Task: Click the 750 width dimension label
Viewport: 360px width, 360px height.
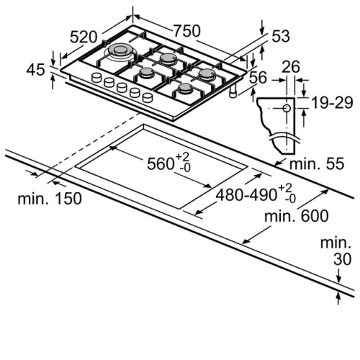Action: coord(186,31)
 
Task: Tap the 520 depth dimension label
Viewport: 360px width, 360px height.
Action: coord(84,37)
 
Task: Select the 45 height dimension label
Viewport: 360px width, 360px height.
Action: coord(35,70)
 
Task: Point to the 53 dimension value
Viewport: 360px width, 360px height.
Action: coord(281,36)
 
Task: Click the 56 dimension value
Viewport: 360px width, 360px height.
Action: coord(258,77)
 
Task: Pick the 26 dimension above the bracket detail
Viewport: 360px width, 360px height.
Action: coord(291,67)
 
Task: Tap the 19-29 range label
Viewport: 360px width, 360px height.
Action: coord(332,102)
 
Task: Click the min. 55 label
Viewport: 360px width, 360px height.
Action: coord(317,163)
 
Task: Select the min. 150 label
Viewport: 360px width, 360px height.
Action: coord(50,199)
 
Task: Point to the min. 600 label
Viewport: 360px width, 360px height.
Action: coord(297,216)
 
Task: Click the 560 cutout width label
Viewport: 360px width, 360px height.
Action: coord(168,163)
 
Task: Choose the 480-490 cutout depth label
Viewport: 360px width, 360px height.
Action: coord(256,194)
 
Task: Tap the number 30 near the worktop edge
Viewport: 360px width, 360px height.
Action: coord(342,259)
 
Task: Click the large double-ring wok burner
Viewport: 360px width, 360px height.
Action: coord(120,51)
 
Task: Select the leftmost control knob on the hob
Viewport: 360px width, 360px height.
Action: coord(96,78)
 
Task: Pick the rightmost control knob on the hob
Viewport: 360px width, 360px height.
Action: coord(148,97)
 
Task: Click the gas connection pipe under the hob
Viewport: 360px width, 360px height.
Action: coord(233,91)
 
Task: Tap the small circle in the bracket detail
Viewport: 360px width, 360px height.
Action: coord(287,109)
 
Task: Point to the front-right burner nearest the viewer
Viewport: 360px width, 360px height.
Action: coord(185,89)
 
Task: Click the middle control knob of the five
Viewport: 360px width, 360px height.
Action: coord(122,87)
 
